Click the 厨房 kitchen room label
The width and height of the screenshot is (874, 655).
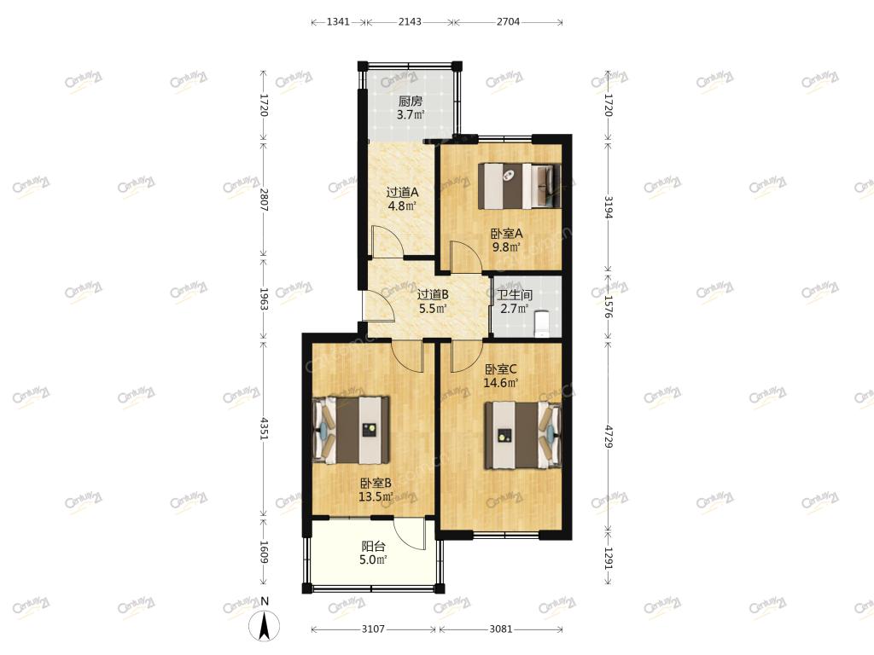[x=411, y=101]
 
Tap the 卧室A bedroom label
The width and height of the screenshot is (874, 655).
[x=506, y=234]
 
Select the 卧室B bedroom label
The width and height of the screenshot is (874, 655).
[x=376, y=484]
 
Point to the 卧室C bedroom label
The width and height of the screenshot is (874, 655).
[x=500, y=369]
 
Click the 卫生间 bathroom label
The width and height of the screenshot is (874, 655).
[x=515, y=295]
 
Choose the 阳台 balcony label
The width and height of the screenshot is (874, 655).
[x=373, y=547]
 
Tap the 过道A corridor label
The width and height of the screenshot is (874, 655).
[x=403, y=193]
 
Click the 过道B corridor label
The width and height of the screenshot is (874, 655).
[x=433, y=294]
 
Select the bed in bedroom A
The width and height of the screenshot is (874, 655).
[x=520, y=186]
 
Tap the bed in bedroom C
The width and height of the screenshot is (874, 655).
[x=522, y=435]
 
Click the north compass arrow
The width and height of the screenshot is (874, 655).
[x=265, y=625]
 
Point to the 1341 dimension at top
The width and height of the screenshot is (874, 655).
[x=338, y=21]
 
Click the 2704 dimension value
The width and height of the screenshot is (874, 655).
[x=508, y=21]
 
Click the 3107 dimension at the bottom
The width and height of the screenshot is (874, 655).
[x=373, y=629]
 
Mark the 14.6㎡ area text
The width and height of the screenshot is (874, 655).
[x=500, y=383]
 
